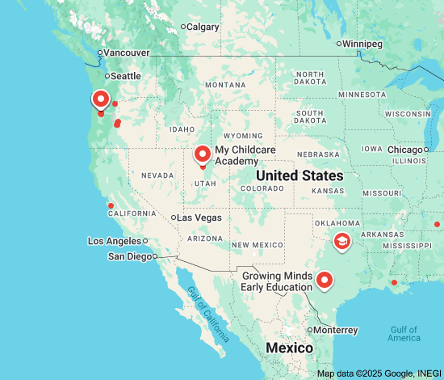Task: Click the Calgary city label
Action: point(203,27)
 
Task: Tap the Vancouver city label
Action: point(127,53)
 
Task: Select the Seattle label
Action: point(125,76)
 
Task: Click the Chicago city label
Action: point(404,150)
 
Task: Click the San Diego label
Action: point(129,256)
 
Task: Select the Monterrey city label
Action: point(335,330)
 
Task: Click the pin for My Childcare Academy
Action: point(203,153)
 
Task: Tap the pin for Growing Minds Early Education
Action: point(325,280)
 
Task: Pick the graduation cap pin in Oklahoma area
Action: point(342,240)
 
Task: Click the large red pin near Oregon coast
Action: point(101,99)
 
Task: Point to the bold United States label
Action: point(299,175)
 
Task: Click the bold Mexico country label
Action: point(290,348)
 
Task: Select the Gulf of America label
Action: point(404,333)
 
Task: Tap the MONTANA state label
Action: point(224,85)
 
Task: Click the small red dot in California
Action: point(111,205)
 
